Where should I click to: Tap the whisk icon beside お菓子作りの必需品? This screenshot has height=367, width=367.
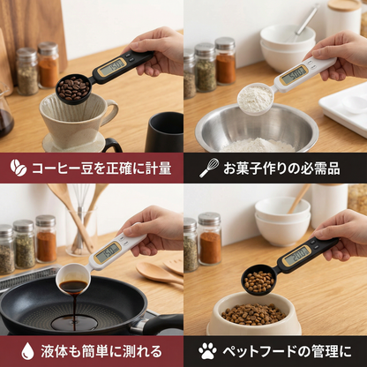209,168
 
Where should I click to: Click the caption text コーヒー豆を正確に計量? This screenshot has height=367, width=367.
101,168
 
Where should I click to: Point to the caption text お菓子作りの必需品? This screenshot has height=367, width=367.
284,168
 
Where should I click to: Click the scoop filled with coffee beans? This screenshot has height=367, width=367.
73,88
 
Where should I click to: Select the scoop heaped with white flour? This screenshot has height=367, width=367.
255,97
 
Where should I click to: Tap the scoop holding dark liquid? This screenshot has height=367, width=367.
73,281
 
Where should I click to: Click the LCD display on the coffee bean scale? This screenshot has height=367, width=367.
112,66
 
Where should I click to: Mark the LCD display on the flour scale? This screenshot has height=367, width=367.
293,73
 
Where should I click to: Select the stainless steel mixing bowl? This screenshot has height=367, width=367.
256,131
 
